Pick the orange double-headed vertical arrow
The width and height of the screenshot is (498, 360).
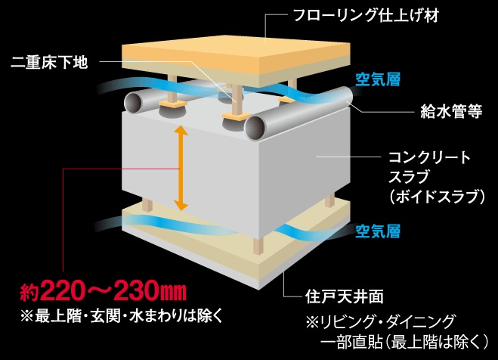pos(181,168)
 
